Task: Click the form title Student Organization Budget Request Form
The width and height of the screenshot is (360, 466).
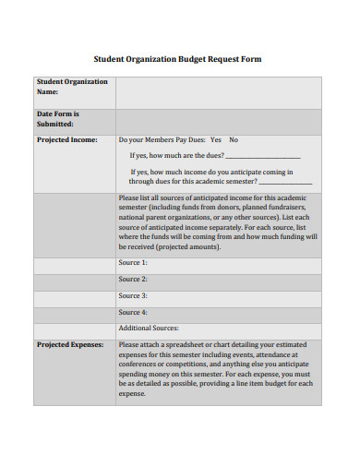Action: tap(179, 59)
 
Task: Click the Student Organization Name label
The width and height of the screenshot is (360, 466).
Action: tap(72, 87)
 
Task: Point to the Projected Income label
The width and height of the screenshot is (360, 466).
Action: tap(66, 140)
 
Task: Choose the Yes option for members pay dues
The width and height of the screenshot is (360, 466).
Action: tap(216, 140)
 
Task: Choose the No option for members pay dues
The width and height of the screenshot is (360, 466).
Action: tap(234, 140)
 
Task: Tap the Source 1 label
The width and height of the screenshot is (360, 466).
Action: tap(133, 263)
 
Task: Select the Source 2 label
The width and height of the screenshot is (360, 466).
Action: tap(133, 280)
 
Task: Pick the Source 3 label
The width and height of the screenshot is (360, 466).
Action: tap(133, 296)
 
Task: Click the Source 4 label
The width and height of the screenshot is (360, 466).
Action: tap(133, 313)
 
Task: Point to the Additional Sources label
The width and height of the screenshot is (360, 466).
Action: tap(149, 329)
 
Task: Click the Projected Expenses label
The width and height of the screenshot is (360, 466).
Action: tap(70, 345)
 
